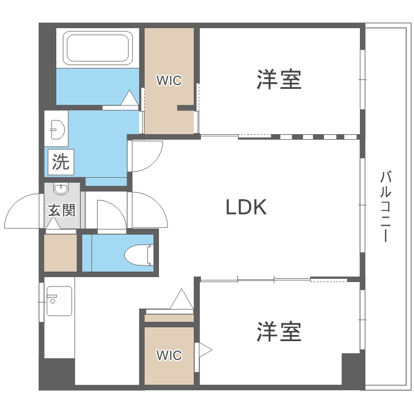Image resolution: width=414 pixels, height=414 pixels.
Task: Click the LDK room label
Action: tap(246, 207)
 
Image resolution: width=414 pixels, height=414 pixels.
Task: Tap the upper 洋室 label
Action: tap(279, 79)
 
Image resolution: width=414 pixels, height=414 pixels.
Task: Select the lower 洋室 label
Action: tap(279, 332)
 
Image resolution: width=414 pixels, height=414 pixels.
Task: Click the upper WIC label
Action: tap(168, 81)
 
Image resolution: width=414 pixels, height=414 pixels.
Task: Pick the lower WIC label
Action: tap(168, 355)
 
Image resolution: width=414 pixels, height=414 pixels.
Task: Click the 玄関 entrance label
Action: tap(61, 210)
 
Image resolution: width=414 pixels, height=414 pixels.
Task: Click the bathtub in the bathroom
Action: tap(98, 47)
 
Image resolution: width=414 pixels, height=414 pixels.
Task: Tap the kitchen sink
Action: tap(59, 301)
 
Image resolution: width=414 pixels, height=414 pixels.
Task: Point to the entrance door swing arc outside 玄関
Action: tap(23, 210)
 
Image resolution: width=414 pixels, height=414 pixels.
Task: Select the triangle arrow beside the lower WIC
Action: tap(205, 349)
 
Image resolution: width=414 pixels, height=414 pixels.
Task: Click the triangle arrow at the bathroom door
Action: tap(129, 98)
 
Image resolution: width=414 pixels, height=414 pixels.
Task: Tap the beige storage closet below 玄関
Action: tap(60, 253)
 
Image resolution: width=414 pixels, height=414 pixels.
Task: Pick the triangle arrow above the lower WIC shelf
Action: tap(182, 300)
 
